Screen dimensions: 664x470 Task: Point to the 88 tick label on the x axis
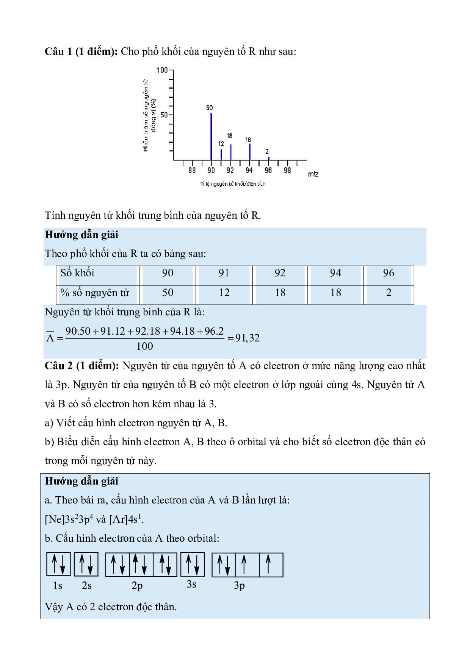point(192,170)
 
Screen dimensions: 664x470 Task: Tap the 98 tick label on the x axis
point(287,170)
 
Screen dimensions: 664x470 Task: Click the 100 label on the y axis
point(162,70)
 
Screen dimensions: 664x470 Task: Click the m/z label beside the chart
point(313,174)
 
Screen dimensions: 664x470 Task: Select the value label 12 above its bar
point(221,144)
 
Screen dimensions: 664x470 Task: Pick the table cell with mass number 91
point(224,273)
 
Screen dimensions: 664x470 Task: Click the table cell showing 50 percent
point(168,293)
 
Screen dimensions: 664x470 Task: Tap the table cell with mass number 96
point(389,273)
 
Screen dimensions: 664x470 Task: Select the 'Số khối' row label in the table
point(77,273)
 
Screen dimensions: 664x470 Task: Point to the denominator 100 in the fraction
point(144,346)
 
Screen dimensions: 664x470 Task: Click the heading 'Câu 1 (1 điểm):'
point(81,51)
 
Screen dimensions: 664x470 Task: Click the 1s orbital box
point(58,564)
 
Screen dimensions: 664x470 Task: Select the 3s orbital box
point(193,564)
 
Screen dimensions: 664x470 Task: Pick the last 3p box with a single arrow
point(271,564)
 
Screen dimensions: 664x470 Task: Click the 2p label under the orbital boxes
point(137,586)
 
